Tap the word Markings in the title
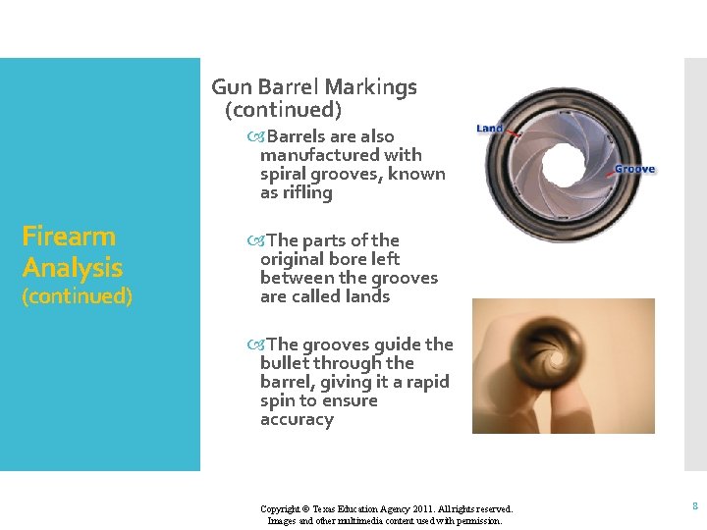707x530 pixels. pos(377,87)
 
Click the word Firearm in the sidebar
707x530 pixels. pos(69,237)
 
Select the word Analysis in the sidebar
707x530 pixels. pos(73,268)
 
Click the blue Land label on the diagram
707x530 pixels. pos(490,129)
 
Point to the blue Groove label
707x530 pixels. pos(635,170)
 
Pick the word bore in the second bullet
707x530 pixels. pos(343,259)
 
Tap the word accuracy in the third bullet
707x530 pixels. pos(297,420)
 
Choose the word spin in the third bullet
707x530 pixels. pos(277,401)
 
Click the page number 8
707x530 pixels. pos(694,506)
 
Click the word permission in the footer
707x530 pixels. pos(478,521)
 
